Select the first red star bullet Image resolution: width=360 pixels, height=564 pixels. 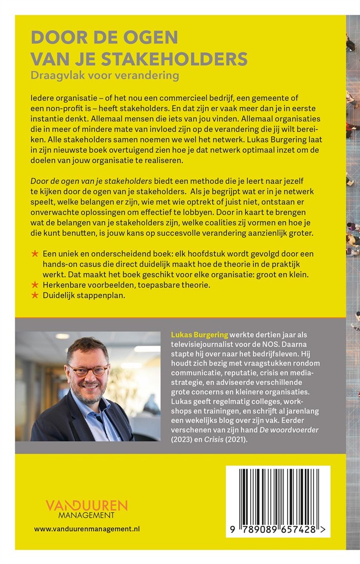[x=35, y=254]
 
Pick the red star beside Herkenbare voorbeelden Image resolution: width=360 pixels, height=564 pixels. [x=35, y=285]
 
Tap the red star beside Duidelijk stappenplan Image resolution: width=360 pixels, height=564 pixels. [x=35, y=295]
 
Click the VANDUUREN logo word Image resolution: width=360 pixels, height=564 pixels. [x=87, y=506]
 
